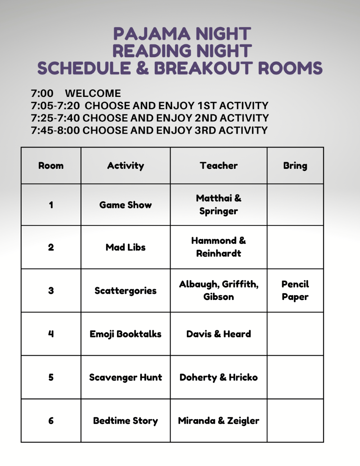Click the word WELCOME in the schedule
point(93,93)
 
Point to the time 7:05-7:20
point(55,106)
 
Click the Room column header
point(51,166)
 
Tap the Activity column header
point(125,166)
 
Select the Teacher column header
point(219,166)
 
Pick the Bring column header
point(295,166)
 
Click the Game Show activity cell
point(125,205)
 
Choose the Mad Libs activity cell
point(125,247)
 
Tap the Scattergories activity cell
point(125,291)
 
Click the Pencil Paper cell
point(295,291)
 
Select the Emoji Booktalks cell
point(125,334)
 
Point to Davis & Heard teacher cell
point(219,334)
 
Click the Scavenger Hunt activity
point(125,377)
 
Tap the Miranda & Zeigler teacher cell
point(219,421)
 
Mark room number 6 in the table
point(51,421)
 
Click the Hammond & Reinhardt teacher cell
point(219,247)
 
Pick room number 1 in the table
point(51,205)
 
